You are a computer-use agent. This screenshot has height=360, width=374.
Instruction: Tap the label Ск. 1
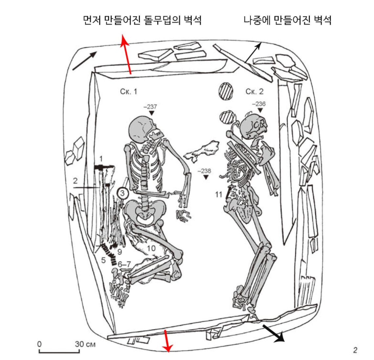(128, 92)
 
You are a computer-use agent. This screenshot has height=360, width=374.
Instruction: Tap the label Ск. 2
(254, 92)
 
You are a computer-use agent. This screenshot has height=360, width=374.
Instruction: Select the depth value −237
(150, 107)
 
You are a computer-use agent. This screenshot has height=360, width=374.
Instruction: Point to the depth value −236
(259, 104)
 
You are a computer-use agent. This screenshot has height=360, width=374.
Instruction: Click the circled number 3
(122, 193)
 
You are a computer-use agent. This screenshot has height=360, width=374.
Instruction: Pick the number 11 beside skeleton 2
(219, 194)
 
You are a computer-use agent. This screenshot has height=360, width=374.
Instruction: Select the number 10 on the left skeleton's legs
(151, 248)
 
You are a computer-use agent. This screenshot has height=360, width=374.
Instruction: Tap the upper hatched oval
(226, 91)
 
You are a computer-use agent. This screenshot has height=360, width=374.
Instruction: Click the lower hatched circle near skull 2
(227, 117)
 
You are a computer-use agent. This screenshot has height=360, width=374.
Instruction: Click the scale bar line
(59, 352)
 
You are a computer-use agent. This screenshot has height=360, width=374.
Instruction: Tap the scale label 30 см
(85, 344)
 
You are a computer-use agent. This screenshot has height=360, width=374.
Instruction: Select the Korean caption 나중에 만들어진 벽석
(287, 20)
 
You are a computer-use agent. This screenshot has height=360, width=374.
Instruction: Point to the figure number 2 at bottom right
(355, 350)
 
